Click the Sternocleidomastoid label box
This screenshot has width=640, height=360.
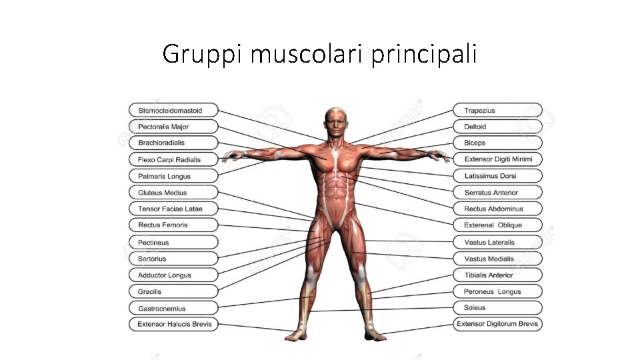pos(173,111)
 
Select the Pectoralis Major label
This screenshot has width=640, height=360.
pos(173,127)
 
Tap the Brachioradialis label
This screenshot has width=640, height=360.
pos(173,143)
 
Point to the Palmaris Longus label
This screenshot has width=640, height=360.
pos(173,176)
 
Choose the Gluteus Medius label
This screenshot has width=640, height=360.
pos(173,193)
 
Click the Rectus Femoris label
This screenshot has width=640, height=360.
pos(173,225)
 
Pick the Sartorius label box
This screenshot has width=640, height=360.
pos(173,259)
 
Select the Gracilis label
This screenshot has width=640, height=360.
pos(173,291)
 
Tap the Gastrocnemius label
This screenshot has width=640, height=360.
pos(173,308)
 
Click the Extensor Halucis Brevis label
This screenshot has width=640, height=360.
pos(173,325)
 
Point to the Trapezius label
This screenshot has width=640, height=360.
pos(498,111)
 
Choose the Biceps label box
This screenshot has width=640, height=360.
pos(498,143)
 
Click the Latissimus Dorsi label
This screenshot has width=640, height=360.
pos(498,176)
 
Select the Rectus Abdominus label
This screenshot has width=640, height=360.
pos(498,209)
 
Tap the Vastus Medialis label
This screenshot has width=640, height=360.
pos(498,259)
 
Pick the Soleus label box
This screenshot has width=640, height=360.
pos(498,307)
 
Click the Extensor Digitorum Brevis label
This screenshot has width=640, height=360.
pos(498,325)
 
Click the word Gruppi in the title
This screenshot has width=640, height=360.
pos(203,54)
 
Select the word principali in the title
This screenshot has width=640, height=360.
pos(423,54)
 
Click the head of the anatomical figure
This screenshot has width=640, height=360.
pos(335,121)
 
